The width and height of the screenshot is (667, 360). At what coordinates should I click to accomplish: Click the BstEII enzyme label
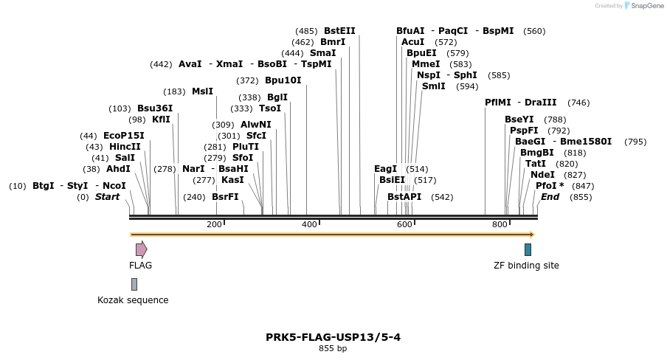pos(339,31)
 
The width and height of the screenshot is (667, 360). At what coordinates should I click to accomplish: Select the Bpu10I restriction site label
pos(283,80)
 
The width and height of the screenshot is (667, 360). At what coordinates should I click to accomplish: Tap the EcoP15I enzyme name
pos(123,136)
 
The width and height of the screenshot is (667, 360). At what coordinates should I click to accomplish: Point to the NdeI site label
pos(542,175)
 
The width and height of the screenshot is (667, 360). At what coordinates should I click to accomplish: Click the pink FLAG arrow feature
pos(141,249)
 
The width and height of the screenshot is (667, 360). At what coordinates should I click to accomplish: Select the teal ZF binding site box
pos(528,249)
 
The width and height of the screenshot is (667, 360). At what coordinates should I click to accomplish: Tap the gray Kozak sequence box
pos(134,284)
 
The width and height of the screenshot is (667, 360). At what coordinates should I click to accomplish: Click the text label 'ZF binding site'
pos(526,266)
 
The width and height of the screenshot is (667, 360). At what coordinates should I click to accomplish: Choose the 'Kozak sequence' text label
pos(133,300)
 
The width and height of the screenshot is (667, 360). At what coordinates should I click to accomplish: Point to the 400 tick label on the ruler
pos(308,224)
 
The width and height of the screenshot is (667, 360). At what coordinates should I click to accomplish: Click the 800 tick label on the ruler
pos(499,224)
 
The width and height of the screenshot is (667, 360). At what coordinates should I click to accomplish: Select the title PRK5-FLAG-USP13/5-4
pos(333,337)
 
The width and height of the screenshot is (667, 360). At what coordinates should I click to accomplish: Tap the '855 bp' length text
pos(333,348)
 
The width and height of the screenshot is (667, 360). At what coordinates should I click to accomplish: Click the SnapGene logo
pos(641,6)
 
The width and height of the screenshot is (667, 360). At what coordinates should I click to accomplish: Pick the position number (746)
pos(578,103)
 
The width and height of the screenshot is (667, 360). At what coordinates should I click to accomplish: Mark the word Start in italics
pos(107,197)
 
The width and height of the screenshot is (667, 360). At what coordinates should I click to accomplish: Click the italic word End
pos(550,197)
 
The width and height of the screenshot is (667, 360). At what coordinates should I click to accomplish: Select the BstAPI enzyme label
pos(404,197)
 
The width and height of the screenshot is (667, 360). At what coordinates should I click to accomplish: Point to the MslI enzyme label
pos(202,91)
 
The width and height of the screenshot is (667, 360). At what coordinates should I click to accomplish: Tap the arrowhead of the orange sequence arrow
pos(531,235)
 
